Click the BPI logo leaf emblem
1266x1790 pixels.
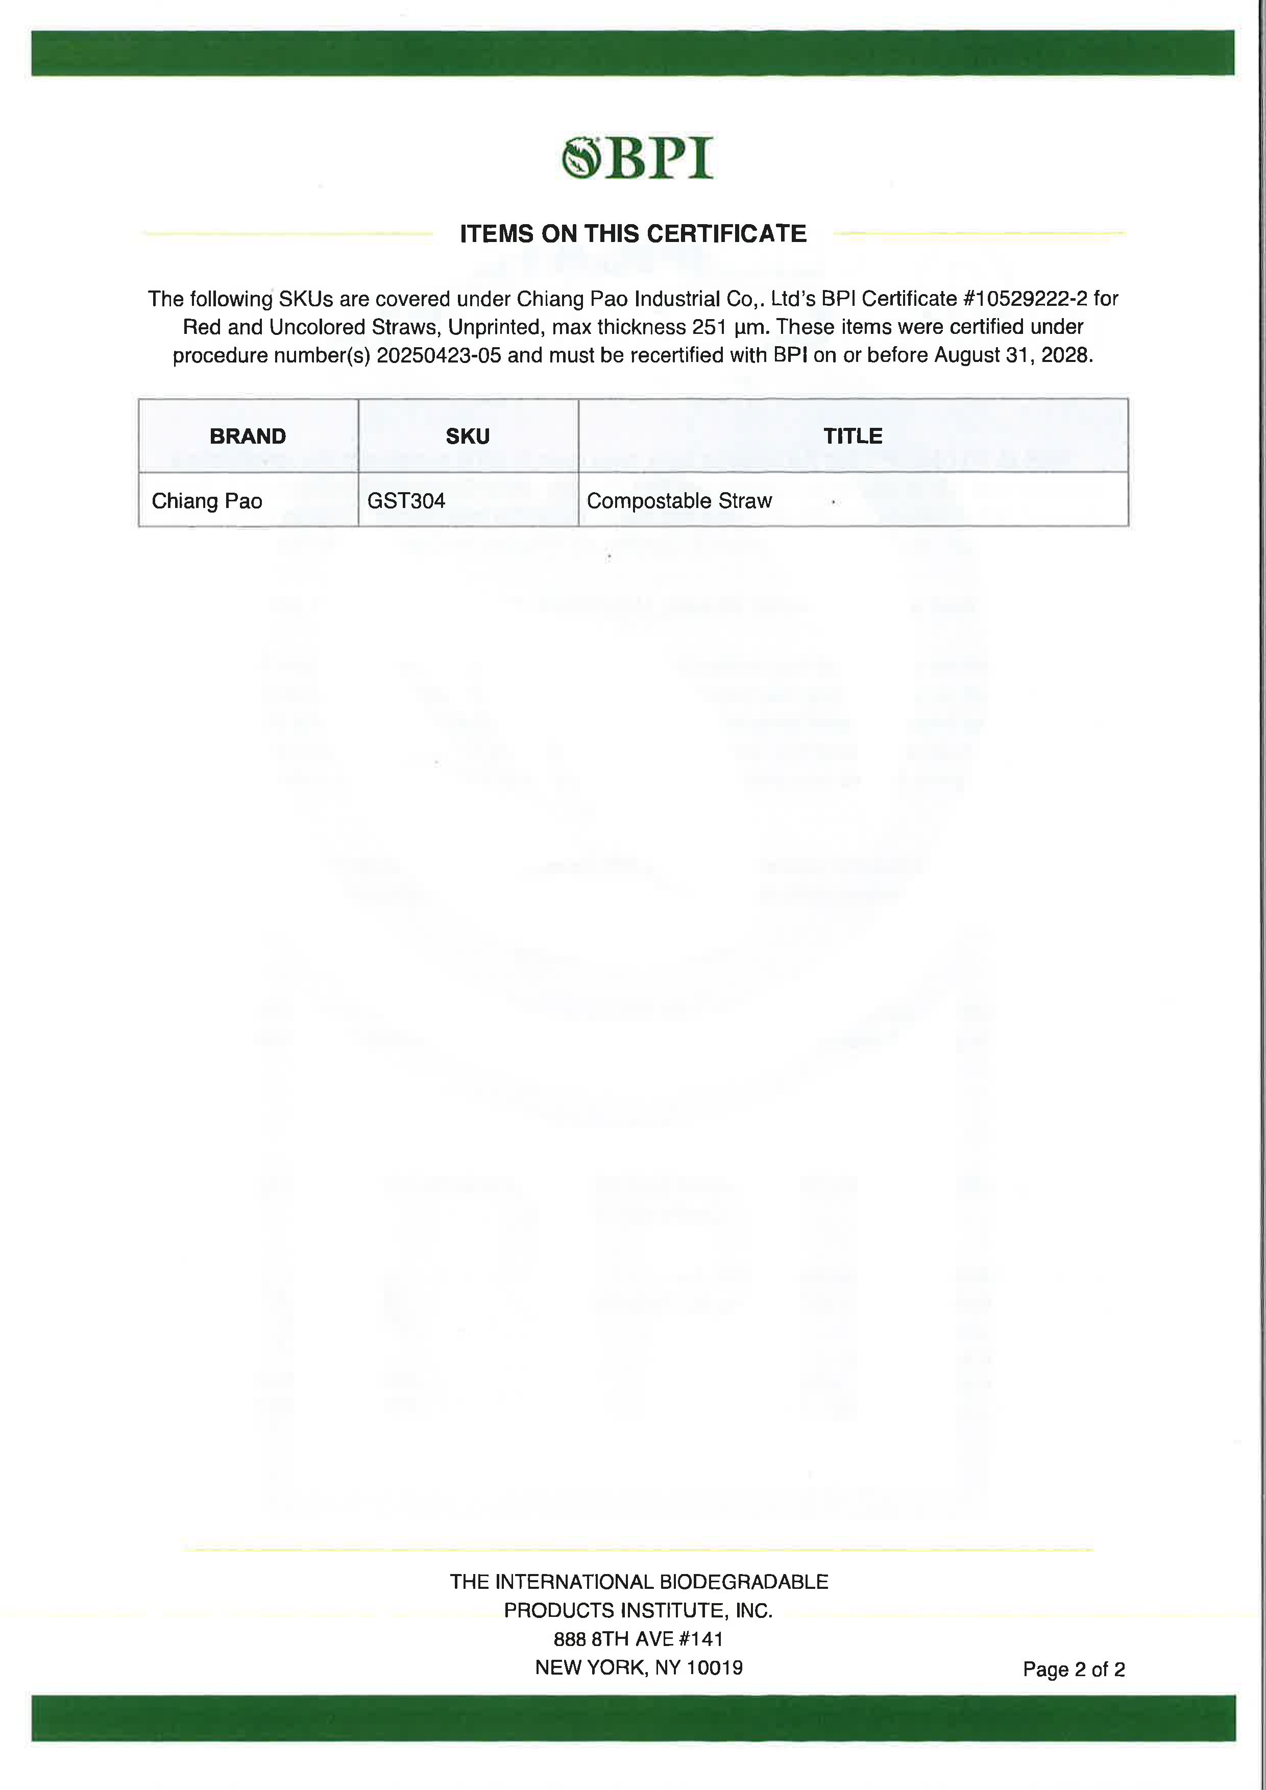[x=581, y=158]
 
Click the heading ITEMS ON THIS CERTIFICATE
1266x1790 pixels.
[x=633, y=234]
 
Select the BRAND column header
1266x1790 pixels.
[x=248, y=436]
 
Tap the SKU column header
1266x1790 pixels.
[x=468, y=436]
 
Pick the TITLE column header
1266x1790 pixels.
[x=853, y=436]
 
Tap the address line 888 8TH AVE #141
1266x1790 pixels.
[x=639, y=1639]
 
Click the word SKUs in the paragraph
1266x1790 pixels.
[x=306, y=299]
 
